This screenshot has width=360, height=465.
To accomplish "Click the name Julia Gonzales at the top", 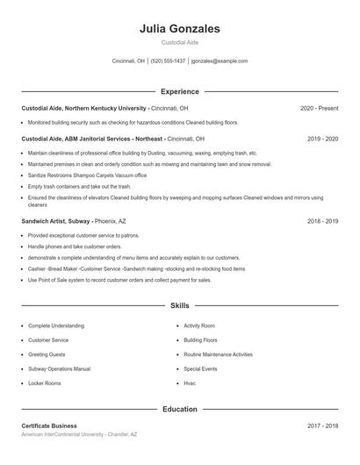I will [179, 29].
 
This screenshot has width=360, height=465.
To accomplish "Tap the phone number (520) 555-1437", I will [168, 61].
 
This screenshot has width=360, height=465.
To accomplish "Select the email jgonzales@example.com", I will [220, 61].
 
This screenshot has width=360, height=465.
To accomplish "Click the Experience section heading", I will [179, 91].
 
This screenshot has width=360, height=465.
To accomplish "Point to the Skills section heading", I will [179, 306].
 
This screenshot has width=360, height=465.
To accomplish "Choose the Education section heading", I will [179, 409].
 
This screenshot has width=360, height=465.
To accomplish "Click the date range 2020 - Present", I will [319, 108].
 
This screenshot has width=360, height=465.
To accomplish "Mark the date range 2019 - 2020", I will [323, 139].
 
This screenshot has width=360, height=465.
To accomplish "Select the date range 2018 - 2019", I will [323, 222].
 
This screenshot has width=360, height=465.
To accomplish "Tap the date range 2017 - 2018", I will [323, 426].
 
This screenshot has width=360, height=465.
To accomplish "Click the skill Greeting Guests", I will [47, 354].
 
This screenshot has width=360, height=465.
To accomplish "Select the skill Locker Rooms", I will [45, 383].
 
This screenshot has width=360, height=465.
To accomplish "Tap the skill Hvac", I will [190, 383].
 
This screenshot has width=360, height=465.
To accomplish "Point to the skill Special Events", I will [200, 369].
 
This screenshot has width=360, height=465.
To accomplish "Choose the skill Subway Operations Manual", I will [59, 369].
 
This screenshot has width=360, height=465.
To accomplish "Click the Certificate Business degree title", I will [49, 426].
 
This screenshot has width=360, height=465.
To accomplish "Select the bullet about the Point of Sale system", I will [119, 280].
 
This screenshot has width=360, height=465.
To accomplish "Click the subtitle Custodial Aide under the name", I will [179, 42].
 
